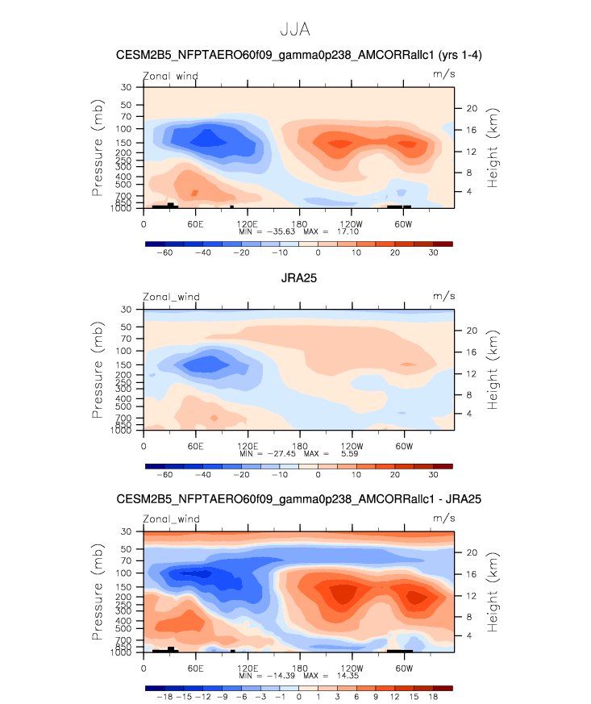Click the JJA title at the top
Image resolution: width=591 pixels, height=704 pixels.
pyautogui.click(x=294, y=30)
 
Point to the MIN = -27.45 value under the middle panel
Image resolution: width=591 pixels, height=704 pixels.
pyautogui.click(x=269, y=453)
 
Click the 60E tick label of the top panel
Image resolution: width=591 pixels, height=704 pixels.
pyautogui.click(x=194, y=223)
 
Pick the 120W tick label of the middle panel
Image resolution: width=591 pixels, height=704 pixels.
pyautogui.click(x=352, y=445)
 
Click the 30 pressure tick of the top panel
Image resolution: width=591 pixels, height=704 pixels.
pyautogui.click(x=127, y=87)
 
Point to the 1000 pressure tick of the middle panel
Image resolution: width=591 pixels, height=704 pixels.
pyautogui.click(x=121, y=431)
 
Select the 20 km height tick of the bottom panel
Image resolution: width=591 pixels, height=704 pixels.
pyautogui.click(x=472, y=552)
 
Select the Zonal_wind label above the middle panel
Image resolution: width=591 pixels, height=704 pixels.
pyautogui.click(x=171, y=297)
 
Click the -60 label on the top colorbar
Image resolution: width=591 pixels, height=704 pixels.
pyautogui.click(x=164, y=252)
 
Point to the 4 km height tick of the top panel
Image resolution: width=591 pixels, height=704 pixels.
pyautogui.click(x=468, y=191)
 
